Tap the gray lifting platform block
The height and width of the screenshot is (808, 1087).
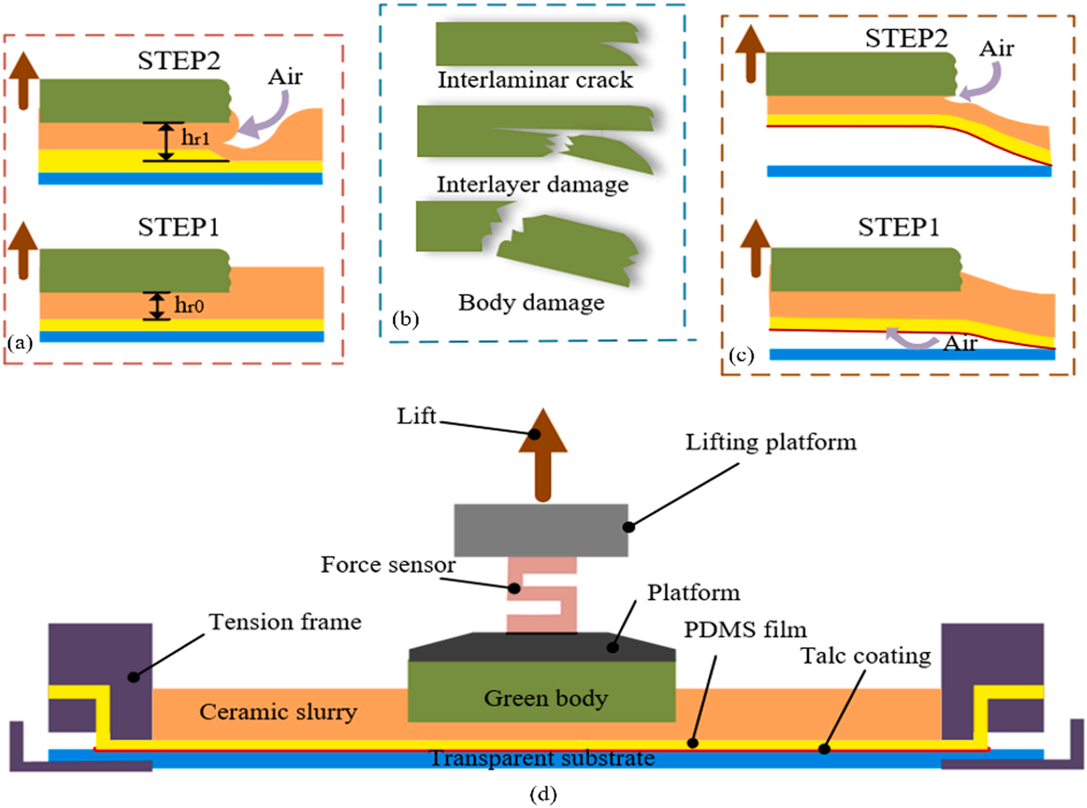tap(541, 529)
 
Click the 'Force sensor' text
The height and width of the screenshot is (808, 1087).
tap(388, 565)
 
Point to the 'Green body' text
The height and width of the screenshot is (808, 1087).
tap(546, 698)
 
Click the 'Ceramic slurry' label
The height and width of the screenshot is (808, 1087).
tap(278, 712)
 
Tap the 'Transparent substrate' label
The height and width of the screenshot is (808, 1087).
tap(542, 758)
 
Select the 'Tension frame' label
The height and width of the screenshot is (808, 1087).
tap(286, 622)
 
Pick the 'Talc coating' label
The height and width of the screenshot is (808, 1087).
tap(866, 656)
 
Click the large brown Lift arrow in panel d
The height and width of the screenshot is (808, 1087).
tap(543, 455)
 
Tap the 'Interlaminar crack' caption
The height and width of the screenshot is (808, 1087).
tap(536, 81)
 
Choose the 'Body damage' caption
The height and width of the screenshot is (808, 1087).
tap(531, 303)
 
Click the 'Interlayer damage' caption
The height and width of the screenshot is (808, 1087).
tap(533, 185)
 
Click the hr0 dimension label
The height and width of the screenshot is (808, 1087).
tap(189, 305)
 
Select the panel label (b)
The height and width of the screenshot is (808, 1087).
tap(406, 319)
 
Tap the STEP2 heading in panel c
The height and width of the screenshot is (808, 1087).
tap(906, 38)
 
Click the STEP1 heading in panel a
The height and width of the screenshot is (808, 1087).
tap(178, 227)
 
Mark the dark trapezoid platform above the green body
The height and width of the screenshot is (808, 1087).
tap(542, 647)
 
